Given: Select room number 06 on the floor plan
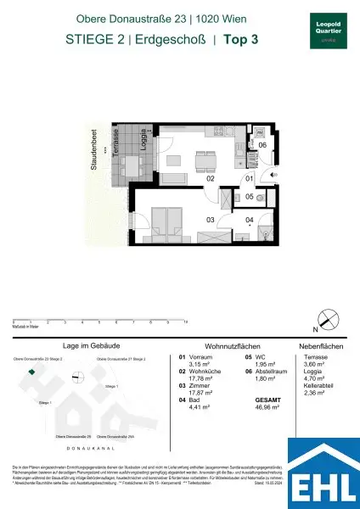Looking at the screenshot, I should (262, 146).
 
